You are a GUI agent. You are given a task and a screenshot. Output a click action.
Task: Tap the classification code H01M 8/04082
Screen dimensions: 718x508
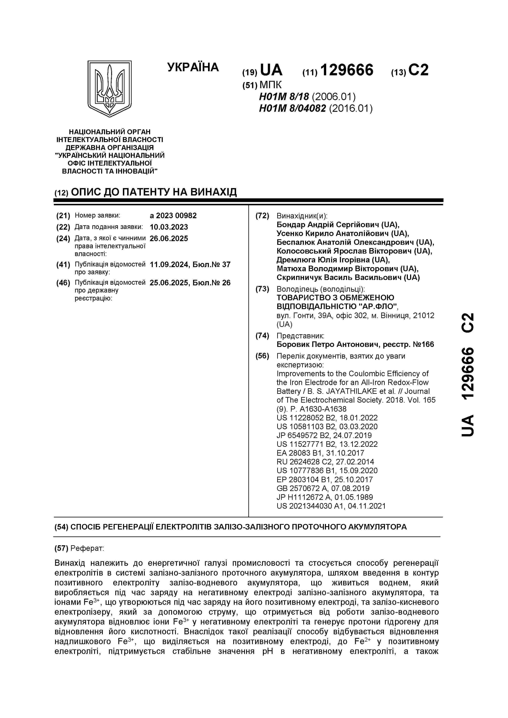(x=292, y=108)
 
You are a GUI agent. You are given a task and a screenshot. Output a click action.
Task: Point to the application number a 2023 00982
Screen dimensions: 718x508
(x=173, y=216)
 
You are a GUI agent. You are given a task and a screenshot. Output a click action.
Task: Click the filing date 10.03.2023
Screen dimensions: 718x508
(x=169, y=227)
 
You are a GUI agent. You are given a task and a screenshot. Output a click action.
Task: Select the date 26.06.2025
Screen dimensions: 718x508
(x=169, y=239)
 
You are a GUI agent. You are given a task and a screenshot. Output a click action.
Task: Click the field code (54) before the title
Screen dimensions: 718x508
(x=61, y=527)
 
